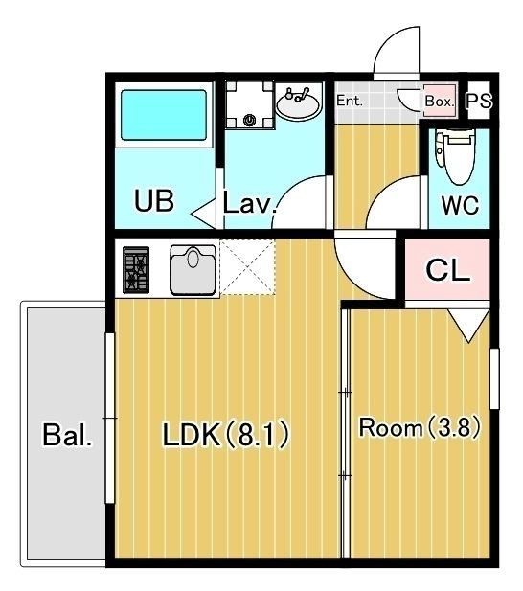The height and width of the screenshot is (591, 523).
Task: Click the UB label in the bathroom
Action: (154, 200)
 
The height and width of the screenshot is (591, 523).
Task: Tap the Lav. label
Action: (249, 203)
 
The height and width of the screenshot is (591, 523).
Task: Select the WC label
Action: (460, 205)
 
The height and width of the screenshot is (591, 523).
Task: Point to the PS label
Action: (479, 101)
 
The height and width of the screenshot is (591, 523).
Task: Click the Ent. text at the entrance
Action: (350, 101)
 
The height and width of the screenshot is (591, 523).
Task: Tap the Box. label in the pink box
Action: (440, 101)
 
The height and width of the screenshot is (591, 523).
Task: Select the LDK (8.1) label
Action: (226, 434)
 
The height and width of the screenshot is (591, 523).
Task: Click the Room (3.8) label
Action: (420, 427)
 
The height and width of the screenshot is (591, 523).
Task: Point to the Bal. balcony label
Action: (67, 435)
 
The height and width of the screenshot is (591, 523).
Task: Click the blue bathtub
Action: (164, 115)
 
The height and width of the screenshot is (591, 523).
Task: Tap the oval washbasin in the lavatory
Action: (298, 102)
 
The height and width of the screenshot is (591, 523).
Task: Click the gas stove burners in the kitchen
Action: (136, 269)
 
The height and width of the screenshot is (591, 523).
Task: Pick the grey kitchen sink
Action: (193, 269)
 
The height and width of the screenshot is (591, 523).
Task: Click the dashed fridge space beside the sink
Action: (247, 267)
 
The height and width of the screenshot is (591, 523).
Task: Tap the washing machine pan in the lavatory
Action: (249, 105)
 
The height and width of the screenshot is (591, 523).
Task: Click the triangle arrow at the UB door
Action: (204, 214)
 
